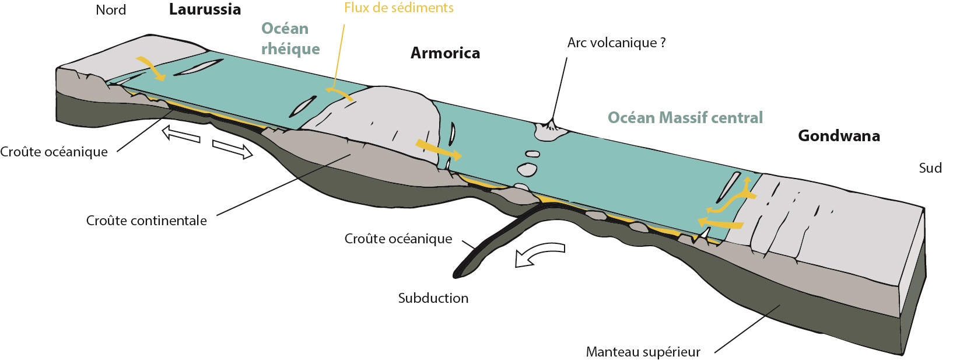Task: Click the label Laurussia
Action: [205, 9]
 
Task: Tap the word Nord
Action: [111, 10]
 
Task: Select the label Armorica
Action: [445, 53]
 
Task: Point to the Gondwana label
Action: [839, 136]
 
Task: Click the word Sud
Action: [930, 168]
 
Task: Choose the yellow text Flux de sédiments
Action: [398, 8]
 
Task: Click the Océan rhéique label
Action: [290, 39]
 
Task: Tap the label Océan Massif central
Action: [685, 118]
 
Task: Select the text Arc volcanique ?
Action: [616, 43]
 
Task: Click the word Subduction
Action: [433, 298]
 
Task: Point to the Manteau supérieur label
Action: [643, 352]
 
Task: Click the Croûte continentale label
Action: [146, 221]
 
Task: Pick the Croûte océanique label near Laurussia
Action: [54, 152]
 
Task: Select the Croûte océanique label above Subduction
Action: [398, 239]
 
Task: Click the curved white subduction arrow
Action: [539, 253]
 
